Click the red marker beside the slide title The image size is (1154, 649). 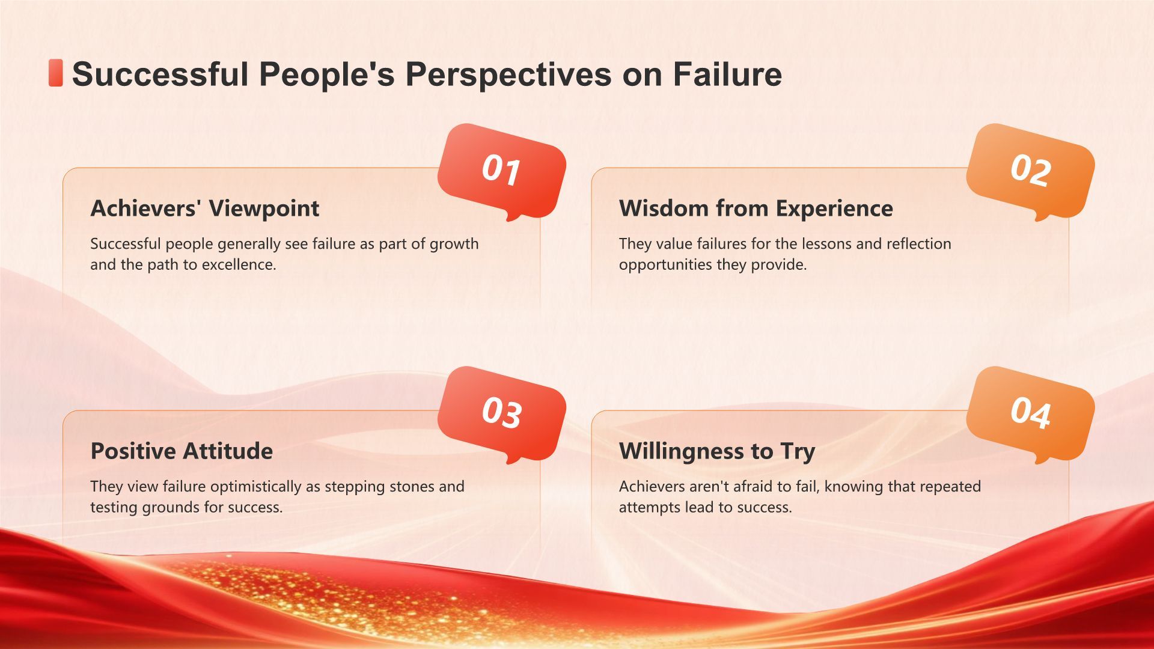point(55,73)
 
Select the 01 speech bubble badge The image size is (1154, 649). point(502,172)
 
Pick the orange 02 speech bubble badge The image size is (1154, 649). point(1030,172)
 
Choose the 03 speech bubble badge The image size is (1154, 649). point(502,415)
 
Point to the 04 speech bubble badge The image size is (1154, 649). point(1030,415)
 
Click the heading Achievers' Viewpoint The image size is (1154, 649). point(205,209)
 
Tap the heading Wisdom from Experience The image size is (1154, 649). point(756,209)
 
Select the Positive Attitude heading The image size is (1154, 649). point(182,451)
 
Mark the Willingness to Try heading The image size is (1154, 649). point(717,451)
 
